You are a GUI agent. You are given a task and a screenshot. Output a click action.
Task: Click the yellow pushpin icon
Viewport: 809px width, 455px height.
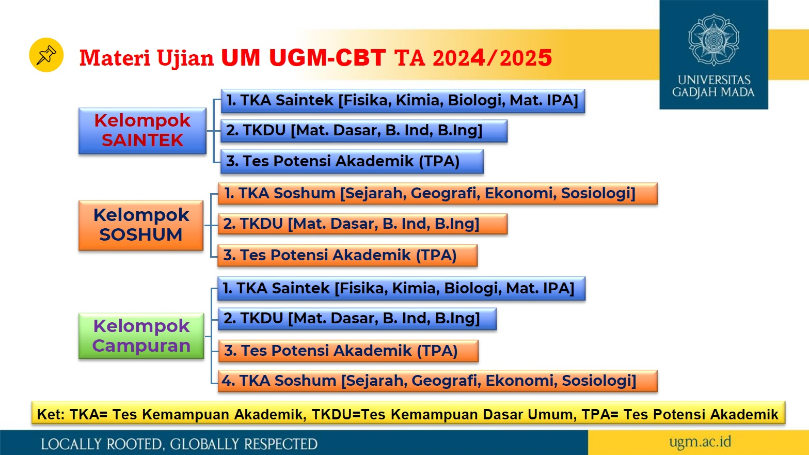click(46, 55)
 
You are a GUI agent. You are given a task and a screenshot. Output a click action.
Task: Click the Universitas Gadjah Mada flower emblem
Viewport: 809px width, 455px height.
click(713, 40)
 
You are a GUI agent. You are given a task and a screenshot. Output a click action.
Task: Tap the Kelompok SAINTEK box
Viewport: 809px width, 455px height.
click(142, 131)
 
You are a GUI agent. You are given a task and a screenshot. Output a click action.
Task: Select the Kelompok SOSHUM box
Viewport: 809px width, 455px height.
click(141, 225)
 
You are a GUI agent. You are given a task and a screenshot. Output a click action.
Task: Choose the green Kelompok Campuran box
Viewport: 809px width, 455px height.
click(141, 336)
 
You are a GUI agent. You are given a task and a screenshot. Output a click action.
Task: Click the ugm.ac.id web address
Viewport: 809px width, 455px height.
click(700, 442)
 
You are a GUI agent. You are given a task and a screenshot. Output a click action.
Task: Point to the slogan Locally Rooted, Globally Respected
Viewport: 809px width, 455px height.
click(179, 444)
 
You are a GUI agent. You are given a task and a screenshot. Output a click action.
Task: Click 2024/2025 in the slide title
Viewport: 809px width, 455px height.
click(492, 58)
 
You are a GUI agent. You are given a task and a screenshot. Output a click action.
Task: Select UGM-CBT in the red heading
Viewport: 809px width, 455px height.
click(327, 57)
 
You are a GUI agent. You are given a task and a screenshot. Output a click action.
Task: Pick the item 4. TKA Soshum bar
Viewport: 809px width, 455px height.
click(438, 381)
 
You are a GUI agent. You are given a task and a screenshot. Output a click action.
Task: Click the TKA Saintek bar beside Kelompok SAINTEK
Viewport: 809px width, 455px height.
click(403, 101)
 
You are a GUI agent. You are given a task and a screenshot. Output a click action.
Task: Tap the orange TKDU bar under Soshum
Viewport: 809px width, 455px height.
click(362, 224)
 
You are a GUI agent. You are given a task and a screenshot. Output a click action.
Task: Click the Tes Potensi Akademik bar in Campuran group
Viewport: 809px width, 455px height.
click(348, 351)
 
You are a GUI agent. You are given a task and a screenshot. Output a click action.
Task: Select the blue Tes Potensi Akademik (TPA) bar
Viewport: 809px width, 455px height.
click(352, 162)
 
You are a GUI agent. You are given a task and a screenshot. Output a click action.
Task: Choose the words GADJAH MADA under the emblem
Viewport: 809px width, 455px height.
click(713, 92)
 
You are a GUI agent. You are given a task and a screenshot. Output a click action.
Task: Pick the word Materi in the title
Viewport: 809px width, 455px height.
click(115, 58)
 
